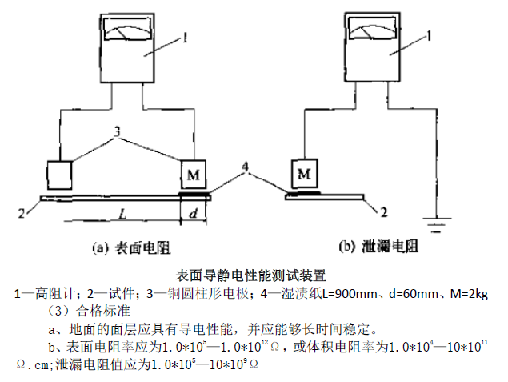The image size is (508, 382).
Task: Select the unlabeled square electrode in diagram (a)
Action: (x=59, y=173)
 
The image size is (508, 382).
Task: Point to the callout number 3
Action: (x=117, y=131)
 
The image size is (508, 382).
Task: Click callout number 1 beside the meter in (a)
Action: (x=186, y=36)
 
